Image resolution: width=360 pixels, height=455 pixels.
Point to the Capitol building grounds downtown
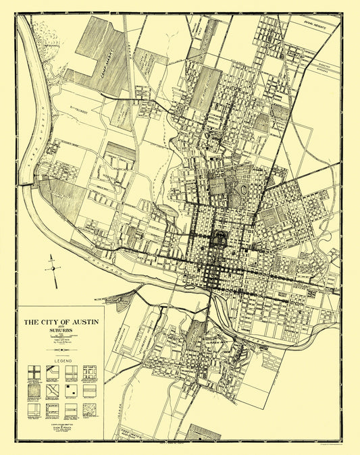(219, 238)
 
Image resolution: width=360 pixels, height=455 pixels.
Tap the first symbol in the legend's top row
(34, 372)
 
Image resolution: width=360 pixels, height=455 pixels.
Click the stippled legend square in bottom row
(91, 409)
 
